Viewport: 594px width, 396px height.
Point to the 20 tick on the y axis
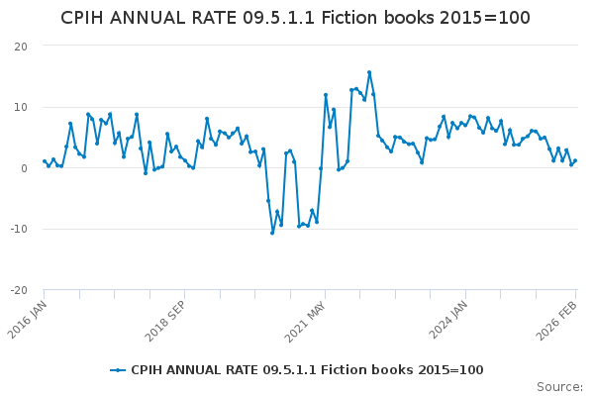coord(21,47)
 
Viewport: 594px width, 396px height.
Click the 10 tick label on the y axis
coord(21,107)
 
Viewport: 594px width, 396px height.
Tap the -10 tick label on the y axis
coord(19,230)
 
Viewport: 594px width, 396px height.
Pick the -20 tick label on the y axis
coord(19,290)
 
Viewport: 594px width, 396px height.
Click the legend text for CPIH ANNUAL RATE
coord(307,370)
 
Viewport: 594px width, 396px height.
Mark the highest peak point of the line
coord(369,72)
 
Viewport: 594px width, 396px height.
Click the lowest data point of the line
coord(272,233)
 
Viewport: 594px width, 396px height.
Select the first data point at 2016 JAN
coord(45,160)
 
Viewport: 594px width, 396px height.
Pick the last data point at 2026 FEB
coord(575,160)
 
